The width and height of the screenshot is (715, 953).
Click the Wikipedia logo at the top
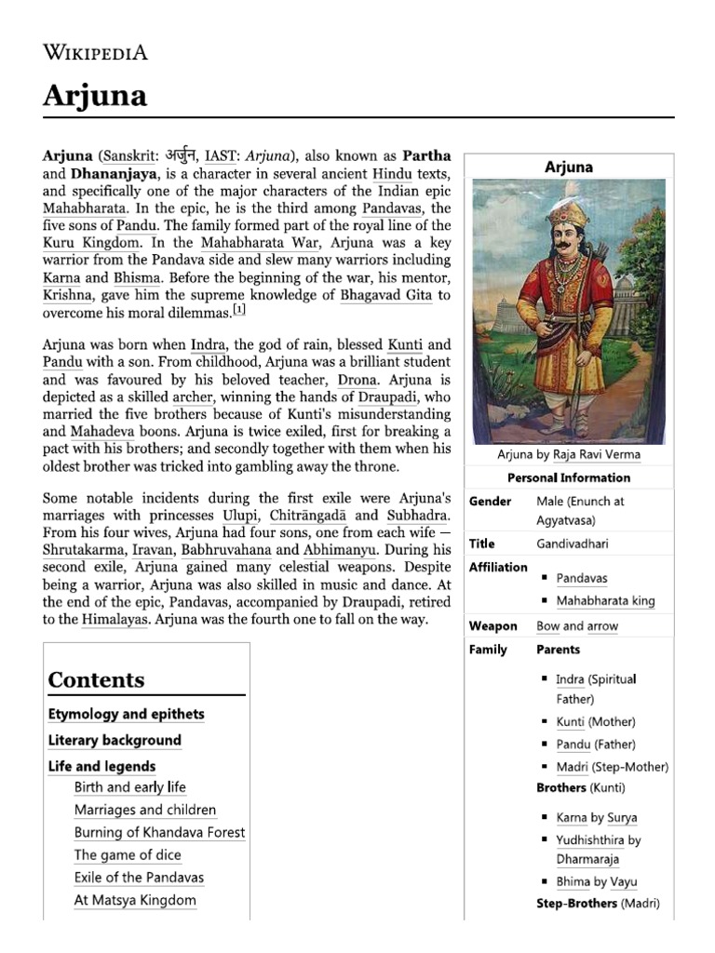[95, 51]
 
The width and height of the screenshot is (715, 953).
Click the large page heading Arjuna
[95, 95]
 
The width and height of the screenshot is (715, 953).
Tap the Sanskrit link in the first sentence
[128, 155]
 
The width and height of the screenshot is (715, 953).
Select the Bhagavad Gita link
[372, 295]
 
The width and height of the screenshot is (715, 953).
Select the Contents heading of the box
[97, 679]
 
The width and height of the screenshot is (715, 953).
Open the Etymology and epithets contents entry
[126, 714]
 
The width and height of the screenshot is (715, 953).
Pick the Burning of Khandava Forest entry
[159, 832]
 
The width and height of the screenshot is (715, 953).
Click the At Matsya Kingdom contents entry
[135, 900]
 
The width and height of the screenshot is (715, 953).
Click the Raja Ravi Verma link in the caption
[594, 455]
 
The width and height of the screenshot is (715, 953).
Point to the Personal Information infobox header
[568, 477]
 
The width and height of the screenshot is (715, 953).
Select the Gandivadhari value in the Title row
[572, 544]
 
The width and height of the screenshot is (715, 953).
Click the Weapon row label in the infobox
[492, 626]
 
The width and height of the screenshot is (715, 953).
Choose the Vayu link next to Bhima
[623, 881]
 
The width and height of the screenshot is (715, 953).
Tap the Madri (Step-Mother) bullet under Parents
[612, 767]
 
